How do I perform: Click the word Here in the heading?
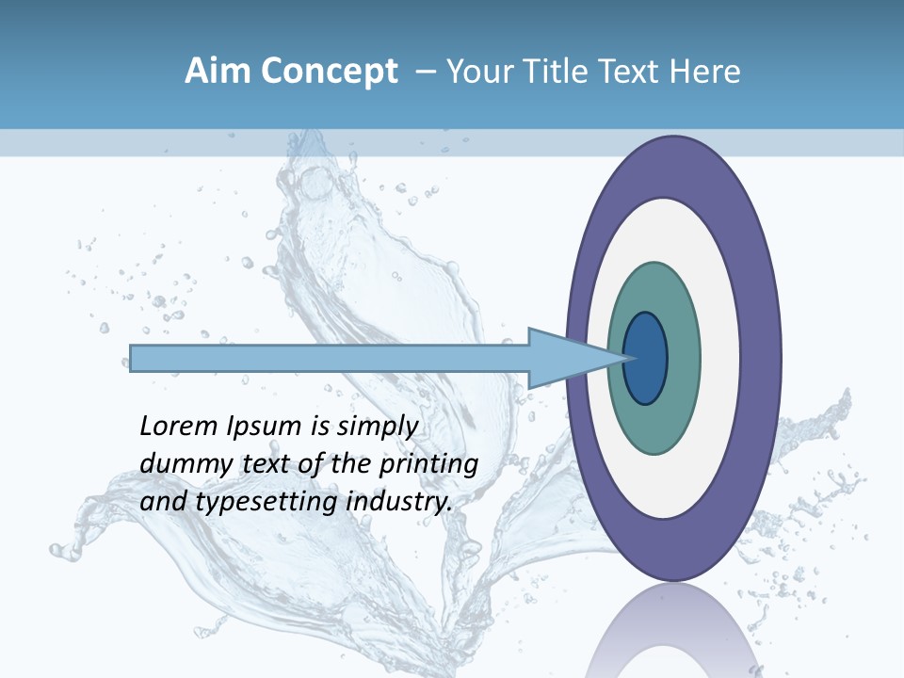[704, 72]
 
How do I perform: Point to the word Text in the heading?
[631, 72]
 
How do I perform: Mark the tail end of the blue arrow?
[134, 358]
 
